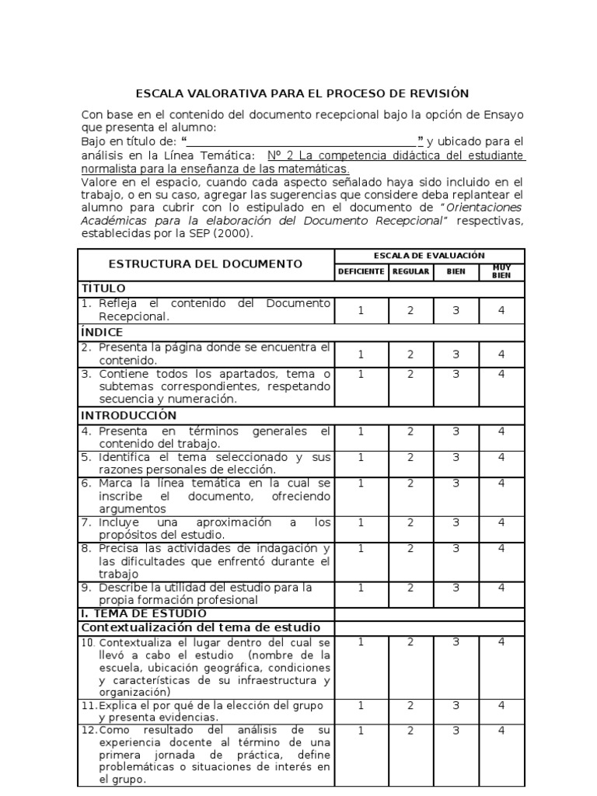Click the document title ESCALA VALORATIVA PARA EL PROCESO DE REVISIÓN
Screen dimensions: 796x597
coord(302,93)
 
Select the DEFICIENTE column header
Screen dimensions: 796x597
coord(361,272)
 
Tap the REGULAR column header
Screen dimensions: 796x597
coord(410,272)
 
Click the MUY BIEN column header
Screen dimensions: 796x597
coord(501,272)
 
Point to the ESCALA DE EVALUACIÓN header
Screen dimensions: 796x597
coord(429,255)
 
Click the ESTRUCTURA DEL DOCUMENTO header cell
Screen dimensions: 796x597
coord(205,264)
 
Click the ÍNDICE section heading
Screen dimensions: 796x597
coord(103,333)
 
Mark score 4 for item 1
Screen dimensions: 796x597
coord(501,310)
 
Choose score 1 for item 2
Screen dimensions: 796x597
coord(361,354)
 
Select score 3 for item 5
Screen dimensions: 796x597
coord(456,458)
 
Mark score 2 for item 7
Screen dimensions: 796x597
coord(410,522)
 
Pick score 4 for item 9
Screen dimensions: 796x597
coord(501,588)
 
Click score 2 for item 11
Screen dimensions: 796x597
coord(410,705)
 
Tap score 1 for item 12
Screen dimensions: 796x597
coord(361,731)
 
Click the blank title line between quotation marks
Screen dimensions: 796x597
coord(302,141)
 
